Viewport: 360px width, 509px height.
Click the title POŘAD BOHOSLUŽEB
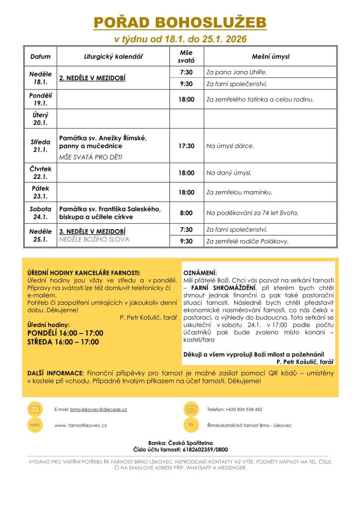(180, 22)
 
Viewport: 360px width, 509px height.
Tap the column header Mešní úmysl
(270, 57)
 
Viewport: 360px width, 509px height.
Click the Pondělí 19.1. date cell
(41, 99)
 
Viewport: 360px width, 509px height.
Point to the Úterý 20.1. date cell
(41, 119)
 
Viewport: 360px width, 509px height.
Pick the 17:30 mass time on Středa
(186, 146)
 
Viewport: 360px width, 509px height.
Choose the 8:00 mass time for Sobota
(186, 213)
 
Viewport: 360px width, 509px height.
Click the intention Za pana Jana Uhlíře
(240, 72)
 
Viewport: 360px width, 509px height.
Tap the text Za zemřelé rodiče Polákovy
(248, 242)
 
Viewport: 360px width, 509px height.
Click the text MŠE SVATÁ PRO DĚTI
(90, 157)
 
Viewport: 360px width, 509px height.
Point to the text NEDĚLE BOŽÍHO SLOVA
(94, 240)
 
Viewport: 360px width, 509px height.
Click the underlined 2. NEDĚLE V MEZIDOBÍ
(92, 79)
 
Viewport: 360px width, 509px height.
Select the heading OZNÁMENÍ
(200, 273)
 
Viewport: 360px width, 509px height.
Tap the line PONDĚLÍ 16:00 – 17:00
(65, 333)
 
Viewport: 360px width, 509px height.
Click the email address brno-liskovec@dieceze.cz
(98, 410)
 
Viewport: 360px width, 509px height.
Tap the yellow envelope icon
(35, 410)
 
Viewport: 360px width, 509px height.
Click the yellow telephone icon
(190, 410)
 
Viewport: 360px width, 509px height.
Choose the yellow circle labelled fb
(190, 425)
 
